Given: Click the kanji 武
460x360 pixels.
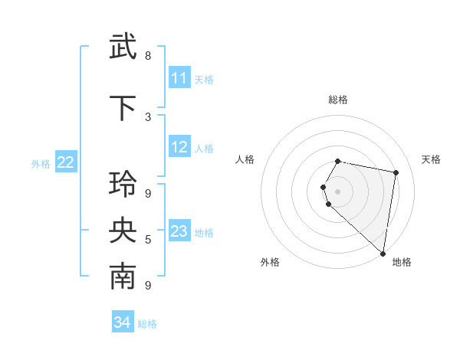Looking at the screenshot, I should click(x=123, y=47).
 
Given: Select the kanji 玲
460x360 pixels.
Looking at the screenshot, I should click(x=123, y=185).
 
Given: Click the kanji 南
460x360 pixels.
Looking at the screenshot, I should click(x=123, y=277).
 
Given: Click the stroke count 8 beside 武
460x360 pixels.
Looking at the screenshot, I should click(x=148, y=56).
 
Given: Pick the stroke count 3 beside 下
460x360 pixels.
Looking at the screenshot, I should click(x=148, y=116).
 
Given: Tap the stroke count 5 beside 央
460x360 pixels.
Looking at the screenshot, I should click(x=148, y=240).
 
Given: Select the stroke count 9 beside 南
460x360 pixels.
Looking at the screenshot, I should click(x=148, y=286).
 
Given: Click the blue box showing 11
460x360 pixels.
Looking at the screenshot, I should click(x=179, y=78).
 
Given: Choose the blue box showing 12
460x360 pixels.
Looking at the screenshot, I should click(x=179, y=148).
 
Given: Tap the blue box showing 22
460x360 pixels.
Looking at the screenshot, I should click(x=66, y=162).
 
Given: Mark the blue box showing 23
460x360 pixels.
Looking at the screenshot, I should click(x=179, y=231).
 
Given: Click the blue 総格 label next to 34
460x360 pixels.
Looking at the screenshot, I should click(x=147, y=324).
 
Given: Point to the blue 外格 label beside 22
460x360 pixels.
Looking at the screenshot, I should click(x=41, y=163).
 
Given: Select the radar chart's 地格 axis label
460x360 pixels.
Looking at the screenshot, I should click(x=402, y=263).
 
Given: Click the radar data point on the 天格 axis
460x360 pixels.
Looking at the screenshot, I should click(x=396, y=173).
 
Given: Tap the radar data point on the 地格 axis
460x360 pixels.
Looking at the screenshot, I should click(x=383, y=253).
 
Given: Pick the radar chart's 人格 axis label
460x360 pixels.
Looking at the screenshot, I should click(x=245, y=159).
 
